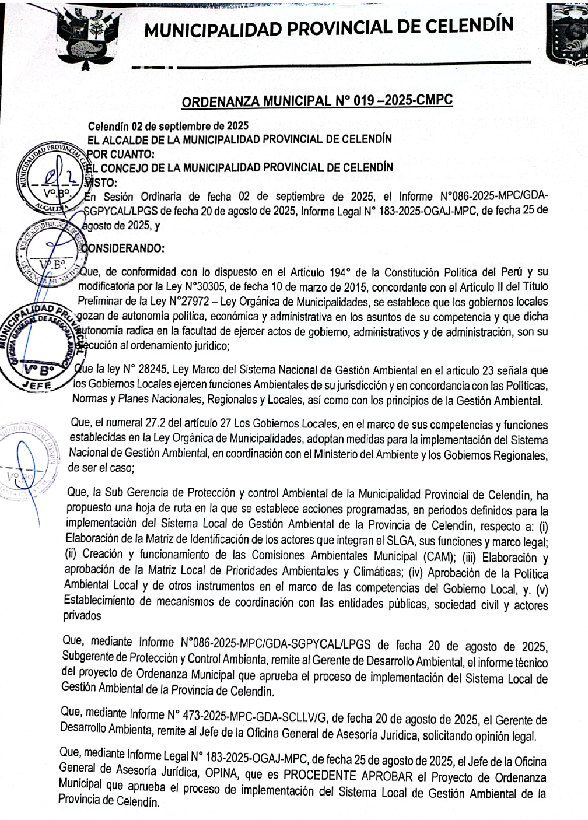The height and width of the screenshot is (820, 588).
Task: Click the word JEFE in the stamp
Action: coord(36,386)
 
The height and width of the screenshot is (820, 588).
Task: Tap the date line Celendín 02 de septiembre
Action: coord(168,126)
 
